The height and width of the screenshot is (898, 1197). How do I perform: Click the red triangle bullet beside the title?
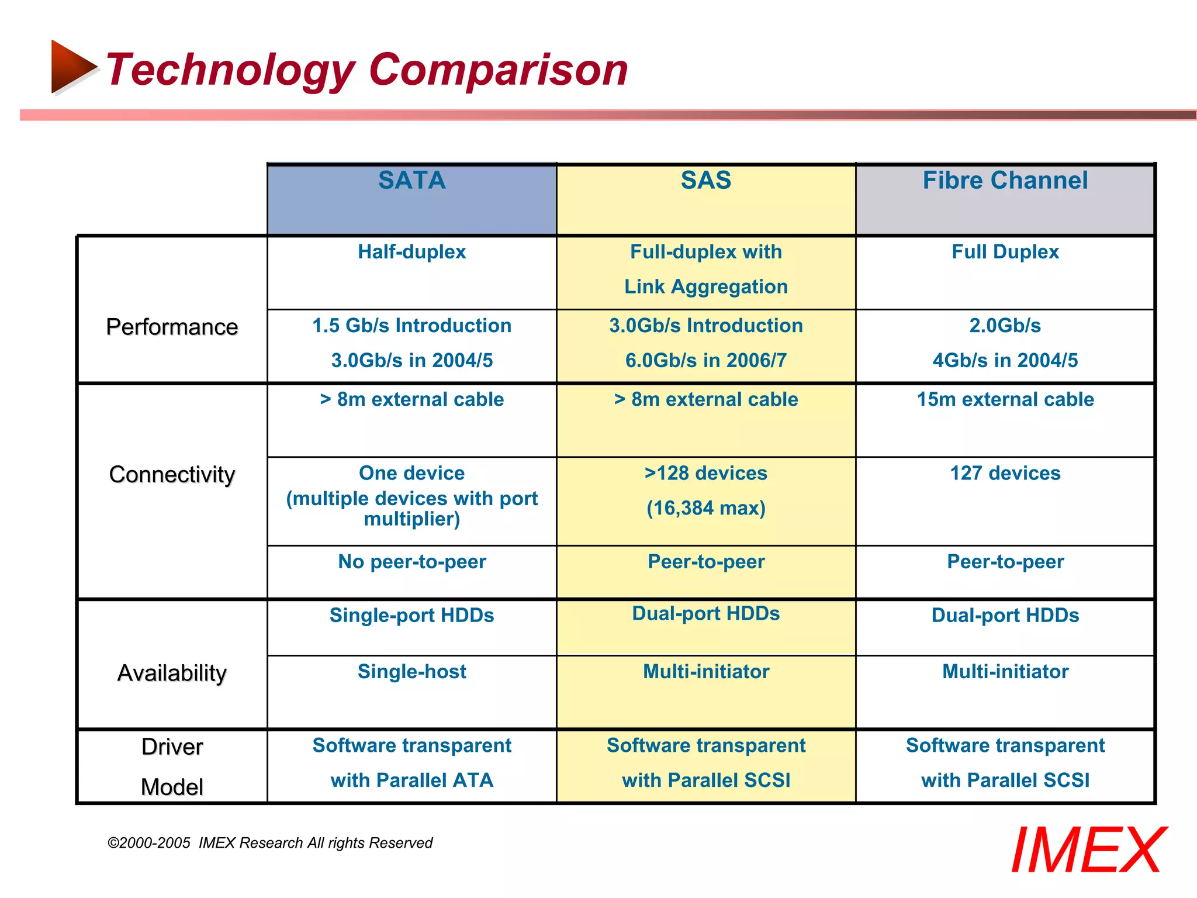[72, 67]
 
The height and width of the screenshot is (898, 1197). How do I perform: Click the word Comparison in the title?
[498, 70]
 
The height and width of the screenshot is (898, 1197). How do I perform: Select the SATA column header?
[411, 181]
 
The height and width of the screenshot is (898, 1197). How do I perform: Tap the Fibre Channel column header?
[1005, 181]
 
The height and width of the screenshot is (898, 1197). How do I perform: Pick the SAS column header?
[705, 181]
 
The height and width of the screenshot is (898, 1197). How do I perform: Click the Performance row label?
[172, 327]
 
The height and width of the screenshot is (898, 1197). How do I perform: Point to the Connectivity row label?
[172, 474]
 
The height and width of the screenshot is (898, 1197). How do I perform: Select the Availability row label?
[172, 673]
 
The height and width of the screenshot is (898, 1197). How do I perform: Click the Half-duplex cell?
[411, 252]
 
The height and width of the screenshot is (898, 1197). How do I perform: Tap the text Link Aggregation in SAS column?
[705, 286]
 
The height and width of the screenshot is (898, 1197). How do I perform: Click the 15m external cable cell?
[1005, 399]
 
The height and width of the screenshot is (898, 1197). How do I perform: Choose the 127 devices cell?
[1005, 473]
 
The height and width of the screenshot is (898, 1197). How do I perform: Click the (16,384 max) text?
[705, 508]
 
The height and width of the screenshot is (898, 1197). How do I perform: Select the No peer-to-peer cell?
[411, 562]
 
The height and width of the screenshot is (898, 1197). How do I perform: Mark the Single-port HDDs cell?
[411, 615]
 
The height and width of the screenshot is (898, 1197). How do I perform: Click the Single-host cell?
[411, 671]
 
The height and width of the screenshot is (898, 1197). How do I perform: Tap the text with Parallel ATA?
[411, 780]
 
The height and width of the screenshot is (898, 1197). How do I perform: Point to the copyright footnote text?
[269, 842]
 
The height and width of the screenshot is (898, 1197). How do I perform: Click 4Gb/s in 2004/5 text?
[1005, 360]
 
